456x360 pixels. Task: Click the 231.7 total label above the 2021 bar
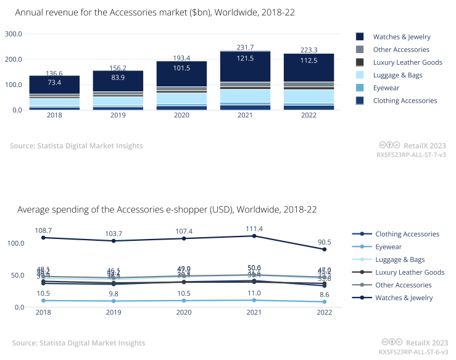(x=245, y=47)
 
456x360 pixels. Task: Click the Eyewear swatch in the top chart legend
(x=360, y=88)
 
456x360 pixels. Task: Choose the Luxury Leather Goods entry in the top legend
(x=407, y=62)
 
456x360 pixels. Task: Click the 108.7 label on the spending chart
(x=43, y=230)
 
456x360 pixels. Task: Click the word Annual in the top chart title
(x=30, y=12)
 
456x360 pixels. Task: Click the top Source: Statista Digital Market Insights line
(x=77, y=146)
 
